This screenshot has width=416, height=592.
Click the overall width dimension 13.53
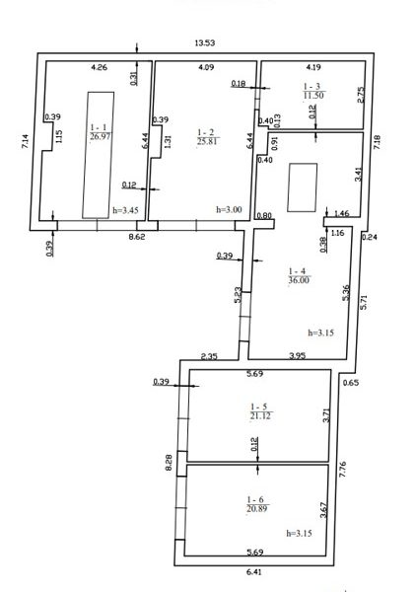(x=204, y=42)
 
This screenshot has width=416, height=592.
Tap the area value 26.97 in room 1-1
(x=101, y=136)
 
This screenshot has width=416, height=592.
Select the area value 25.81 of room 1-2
(x=208, y=141)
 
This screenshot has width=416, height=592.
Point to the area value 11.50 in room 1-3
(x=313, y=95)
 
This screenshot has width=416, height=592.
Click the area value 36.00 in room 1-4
(x=299, y=280)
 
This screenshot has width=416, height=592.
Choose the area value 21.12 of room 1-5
(x=260, y=416)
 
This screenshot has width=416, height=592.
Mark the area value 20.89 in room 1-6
(x=257, y=508)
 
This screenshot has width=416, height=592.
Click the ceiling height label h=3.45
(x=124, y=210)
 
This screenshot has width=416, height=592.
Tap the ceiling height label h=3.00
(x=229, y=209)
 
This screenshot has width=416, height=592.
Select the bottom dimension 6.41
(x=253, y=572)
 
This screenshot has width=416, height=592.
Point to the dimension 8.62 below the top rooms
(x=137, y=238)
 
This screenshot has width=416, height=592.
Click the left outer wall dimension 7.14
(x=25, y=141)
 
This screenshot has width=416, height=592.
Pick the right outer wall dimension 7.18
(x=378, y=142)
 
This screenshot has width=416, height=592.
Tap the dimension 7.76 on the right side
(x=343, y=470)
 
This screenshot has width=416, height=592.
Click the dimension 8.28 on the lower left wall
(x=169, y=462)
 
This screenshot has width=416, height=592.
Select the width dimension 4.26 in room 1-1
(x=100, y=67)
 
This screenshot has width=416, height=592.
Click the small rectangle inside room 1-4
(x=302, y=187)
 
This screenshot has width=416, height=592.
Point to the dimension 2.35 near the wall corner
(x=209, y=356)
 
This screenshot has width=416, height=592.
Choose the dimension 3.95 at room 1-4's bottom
(x=297, y=355)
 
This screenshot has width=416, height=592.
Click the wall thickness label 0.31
(x=134, y=79)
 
